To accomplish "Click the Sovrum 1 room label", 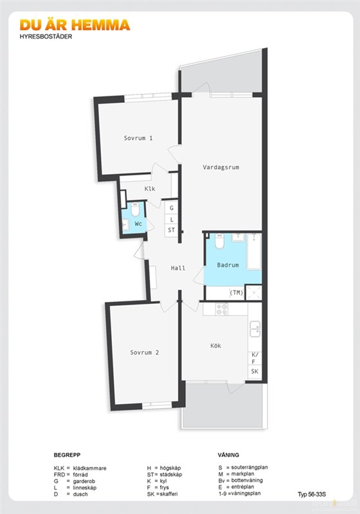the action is (x=138, y=138).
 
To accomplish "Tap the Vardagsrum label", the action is (x=221, y=168).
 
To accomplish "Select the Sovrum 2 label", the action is (x=144, y=353).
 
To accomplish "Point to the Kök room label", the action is (x=216, y=346).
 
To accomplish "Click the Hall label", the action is (x=178, y=268).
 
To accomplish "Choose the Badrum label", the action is (x=228, y=265).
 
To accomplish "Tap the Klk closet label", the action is (x=150, y=189).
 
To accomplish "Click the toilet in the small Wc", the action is (x=135, y=209).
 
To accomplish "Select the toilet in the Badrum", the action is (x=219, y=241).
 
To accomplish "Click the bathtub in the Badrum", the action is (x=255, y=251).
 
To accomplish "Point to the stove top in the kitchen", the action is (x=222, y=309).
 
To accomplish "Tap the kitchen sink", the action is (x=255, y=329).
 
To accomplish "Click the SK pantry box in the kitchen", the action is (x=255, y=372).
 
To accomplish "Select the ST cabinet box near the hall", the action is (x=171, y=230).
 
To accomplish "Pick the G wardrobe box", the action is (x=171, y=208).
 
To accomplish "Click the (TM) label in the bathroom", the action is (x=236, y=293).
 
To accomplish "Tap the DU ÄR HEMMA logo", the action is (x=75, y=25).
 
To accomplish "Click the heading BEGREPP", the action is (x=67, y=455).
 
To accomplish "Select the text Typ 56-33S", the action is (x=312, y=494).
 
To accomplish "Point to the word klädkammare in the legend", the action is (x=89, y=468).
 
